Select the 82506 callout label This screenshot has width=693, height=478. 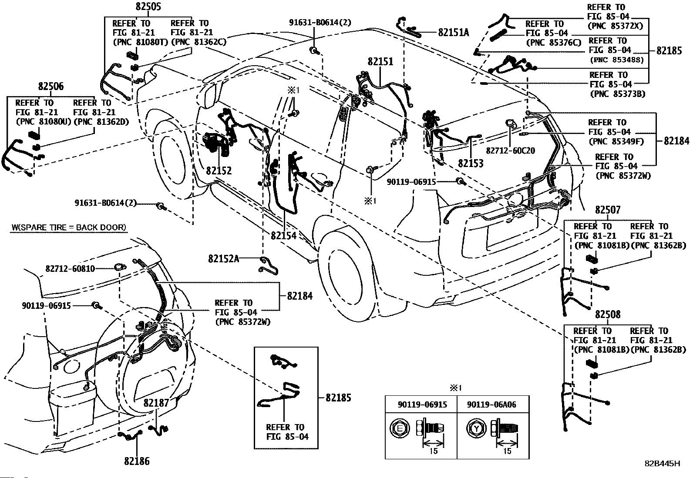(50, 87)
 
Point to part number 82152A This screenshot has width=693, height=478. (223, 258)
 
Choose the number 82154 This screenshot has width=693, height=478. (283, 235)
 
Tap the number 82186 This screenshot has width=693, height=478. (137, 461)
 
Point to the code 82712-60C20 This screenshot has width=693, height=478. (510, 150)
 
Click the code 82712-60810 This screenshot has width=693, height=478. (70, 269)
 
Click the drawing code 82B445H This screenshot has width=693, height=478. (662, 464)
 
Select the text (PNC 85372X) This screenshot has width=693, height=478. (615, 26)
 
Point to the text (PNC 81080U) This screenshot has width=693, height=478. (43, 121)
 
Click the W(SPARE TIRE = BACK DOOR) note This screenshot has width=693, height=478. (69, 227)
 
